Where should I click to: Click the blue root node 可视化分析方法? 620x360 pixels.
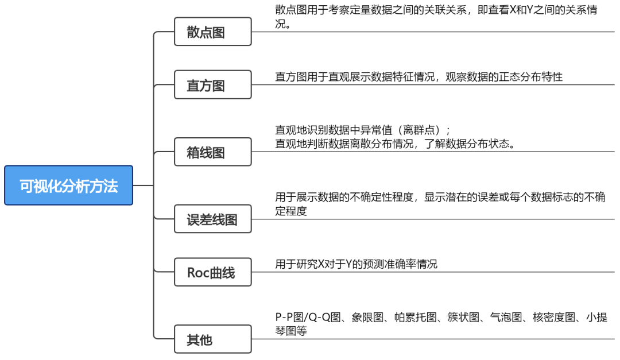[x=68, y=185]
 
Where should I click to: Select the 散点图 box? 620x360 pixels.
[x=212, y=32]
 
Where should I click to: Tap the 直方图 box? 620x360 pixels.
[x=212, y=85]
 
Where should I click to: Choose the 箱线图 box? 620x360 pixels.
[x=212, y=152]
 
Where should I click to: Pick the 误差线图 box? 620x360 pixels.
[x=212, y=219]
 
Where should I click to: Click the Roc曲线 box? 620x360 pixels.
[x=212, y=272]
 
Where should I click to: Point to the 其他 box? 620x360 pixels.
[x=212, y=339]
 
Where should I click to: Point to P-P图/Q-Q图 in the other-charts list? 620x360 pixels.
[x=308, y=318]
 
